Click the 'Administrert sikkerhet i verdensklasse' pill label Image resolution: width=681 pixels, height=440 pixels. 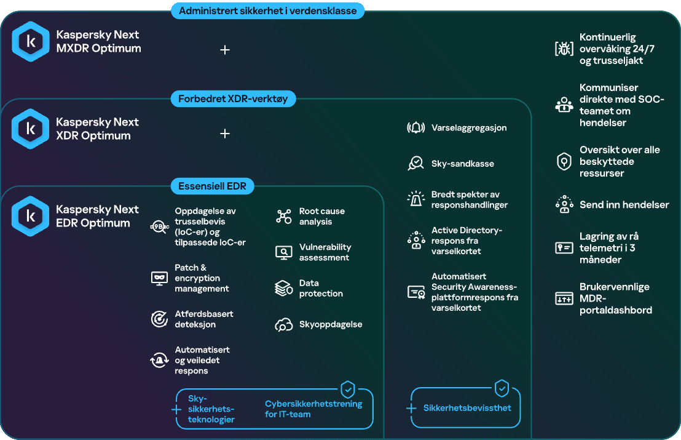coord(267,11)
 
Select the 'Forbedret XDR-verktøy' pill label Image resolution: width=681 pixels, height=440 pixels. coord(233,98)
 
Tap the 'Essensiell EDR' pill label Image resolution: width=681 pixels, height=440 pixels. coord(213,186)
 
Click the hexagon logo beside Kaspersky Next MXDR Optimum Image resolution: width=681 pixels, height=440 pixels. coord(30,41)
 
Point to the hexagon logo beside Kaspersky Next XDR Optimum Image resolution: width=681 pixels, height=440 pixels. coord(30,129)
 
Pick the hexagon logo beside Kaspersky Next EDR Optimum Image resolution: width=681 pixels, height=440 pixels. coord(30,216)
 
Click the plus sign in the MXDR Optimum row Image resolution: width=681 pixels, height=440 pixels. coord(225,50)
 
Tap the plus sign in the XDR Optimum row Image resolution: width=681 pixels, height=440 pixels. coord(225,134)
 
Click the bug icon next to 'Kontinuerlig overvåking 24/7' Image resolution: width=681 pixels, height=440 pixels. coord(564,48)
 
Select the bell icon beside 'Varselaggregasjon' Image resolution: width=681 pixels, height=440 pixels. coord(415,128)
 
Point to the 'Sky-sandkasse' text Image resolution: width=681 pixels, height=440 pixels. coord(463,164)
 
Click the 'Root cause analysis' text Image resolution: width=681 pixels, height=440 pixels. coord(322,217)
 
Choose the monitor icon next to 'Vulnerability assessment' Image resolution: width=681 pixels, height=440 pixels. coord(283,252)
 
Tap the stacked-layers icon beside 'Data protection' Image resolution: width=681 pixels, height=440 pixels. coord(284,288)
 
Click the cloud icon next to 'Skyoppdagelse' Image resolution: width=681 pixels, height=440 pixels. coord(283,325)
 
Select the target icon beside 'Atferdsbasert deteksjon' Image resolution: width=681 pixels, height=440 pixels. coord(159,319)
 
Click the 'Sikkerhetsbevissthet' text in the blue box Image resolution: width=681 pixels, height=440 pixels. coord(467,408)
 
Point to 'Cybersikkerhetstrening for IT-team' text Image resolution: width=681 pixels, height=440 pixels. coord(313,409)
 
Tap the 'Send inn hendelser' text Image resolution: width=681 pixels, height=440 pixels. coord(624,205)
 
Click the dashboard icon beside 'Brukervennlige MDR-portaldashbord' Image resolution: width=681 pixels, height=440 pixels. coord(564,298)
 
